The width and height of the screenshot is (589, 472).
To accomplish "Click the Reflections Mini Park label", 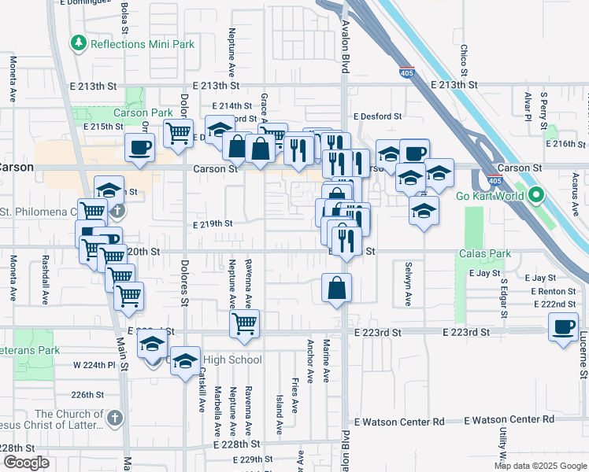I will click(142, 44).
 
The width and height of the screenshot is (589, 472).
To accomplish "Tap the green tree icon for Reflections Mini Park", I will click(79, 42).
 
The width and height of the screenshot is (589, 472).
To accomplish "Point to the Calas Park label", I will click(486, 253).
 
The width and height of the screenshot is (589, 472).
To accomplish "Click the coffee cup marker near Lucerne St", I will click(563, 326).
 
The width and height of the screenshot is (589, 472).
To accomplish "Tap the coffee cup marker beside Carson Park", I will click(140, 146).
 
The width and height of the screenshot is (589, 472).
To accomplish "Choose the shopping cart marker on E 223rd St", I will click(244, 323).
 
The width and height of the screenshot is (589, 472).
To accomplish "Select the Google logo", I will click(26, 463).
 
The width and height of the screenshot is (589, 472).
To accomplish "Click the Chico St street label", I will click(464, 55).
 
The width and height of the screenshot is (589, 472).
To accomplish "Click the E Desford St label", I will click(377, 116).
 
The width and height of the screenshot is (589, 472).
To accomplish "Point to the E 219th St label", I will click(213, 223).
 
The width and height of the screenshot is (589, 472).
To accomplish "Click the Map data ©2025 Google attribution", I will click(539, 466).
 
